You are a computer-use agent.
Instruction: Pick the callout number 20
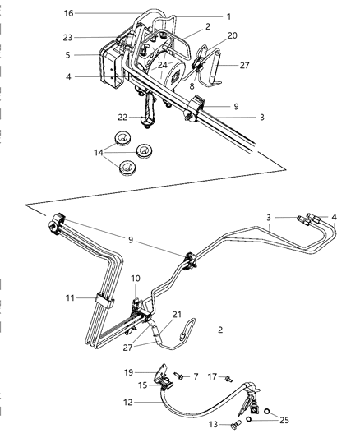232,35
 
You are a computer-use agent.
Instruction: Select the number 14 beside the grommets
99,151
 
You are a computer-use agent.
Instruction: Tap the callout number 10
136,279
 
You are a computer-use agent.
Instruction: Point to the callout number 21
177,315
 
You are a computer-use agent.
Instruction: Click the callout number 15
143,385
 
